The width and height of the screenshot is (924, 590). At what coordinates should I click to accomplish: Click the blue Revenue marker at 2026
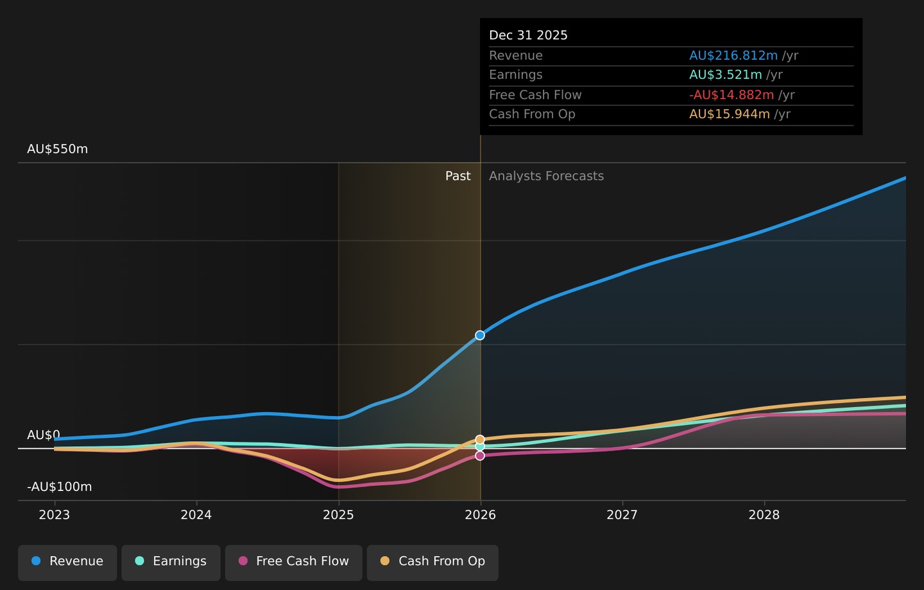[x=480, y=335]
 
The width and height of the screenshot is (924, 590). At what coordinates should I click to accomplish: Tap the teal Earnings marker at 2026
[x=480, y=446]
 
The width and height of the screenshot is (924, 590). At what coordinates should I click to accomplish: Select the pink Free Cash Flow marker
[x=480, y=456]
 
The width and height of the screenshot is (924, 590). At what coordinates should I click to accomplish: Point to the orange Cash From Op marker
[x=480, y=440]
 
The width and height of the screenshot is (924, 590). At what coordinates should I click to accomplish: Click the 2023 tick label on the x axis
[x=55, y=515]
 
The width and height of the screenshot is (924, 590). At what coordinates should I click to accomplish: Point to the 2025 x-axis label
[x=338, y=515]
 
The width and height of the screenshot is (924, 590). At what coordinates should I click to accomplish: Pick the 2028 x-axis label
[x=764, y=515]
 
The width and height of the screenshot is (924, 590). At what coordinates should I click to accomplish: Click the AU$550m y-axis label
[x=57, y=149]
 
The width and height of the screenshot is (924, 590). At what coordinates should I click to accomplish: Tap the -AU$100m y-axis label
[x=60, y=487]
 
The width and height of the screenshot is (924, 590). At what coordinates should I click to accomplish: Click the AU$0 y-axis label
[x=44, y=435]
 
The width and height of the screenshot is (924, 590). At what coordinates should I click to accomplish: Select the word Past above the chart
[x=458, y=176]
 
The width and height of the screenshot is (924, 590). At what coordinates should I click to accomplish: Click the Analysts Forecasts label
[x=546, y=176]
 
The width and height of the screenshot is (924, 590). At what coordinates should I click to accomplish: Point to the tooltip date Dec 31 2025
[x=529, y=35]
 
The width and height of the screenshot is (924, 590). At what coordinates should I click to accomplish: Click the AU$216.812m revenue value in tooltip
[x=733, y=56]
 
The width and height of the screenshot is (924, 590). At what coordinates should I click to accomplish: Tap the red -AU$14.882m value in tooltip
[x=732, y=95]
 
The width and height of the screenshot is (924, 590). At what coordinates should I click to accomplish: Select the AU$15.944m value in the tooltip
[x=730, y=114]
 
